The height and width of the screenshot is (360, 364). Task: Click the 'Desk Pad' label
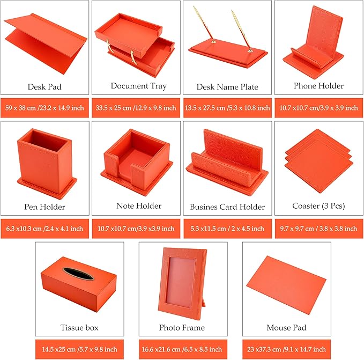click(x=44, y=87)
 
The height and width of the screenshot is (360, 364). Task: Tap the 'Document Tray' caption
click(x=139, y=86)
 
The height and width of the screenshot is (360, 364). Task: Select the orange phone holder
click(x=313, y=38)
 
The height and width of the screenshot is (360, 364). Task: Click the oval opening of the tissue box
click(x=79, y=274)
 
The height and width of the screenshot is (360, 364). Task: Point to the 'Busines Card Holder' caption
click(x=227, y=207)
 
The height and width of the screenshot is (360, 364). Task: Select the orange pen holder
click(x=46, y=163)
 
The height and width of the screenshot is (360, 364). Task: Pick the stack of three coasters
click(x=319, y=161)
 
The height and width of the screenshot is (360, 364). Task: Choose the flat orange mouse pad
click(x=286, y=285)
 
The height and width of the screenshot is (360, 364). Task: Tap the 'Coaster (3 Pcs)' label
click(x=318, y=206)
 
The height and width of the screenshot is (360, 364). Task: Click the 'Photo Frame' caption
click(x=182, y=327)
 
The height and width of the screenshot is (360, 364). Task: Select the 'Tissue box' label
click(x=79, y=327)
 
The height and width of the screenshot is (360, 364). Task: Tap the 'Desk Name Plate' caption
click(x=227, y=87)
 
